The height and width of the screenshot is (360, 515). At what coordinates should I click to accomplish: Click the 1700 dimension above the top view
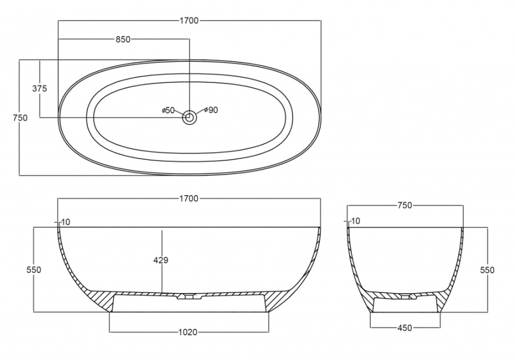(189, 21)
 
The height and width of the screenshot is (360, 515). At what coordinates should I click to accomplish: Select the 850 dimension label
(123, 39)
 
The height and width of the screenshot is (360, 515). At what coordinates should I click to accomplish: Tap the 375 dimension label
(39, 88)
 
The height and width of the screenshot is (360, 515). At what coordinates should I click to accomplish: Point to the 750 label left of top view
(20, 117)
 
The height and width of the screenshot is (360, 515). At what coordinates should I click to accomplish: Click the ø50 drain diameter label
(168, 110)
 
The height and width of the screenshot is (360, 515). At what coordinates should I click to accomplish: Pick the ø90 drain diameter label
(211, 110)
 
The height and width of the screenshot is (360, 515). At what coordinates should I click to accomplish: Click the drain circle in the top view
(189, 117)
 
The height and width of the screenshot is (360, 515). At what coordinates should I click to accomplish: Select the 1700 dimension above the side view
(189, 199)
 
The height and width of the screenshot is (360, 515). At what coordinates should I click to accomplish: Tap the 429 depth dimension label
(161, 260)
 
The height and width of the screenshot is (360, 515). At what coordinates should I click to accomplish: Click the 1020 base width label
(188, 333)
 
